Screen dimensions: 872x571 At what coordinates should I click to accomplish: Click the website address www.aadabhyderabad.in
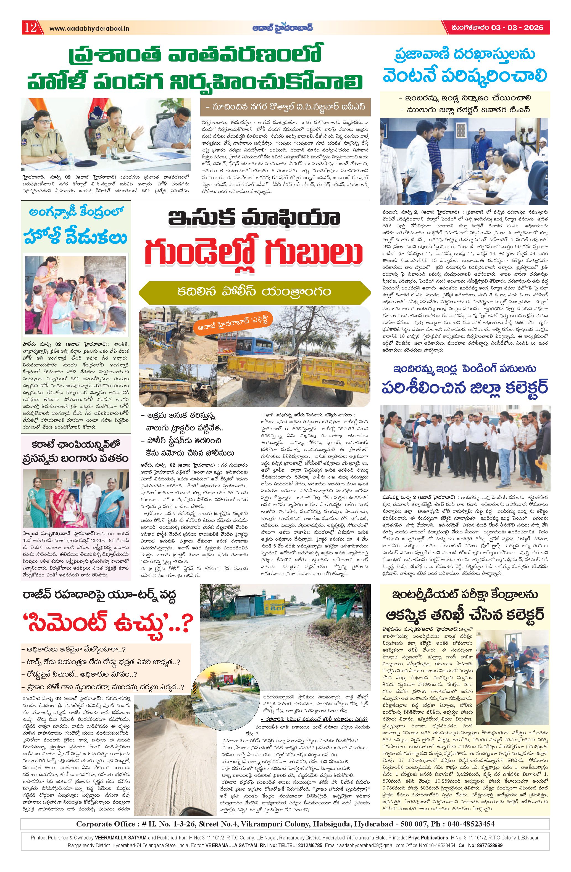89,28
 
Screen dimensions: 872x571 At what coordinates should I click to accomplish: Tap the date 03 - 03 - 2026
517,28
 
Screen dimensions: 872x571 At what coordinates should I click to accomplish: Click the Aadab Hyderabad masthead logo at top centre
282,28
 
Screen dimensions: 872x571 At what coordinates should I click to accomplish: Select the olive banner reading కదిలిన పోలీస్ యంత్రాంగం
254,291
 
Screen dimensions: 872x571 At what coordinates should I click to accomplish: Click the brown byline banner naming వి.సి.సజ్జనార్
286,107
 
